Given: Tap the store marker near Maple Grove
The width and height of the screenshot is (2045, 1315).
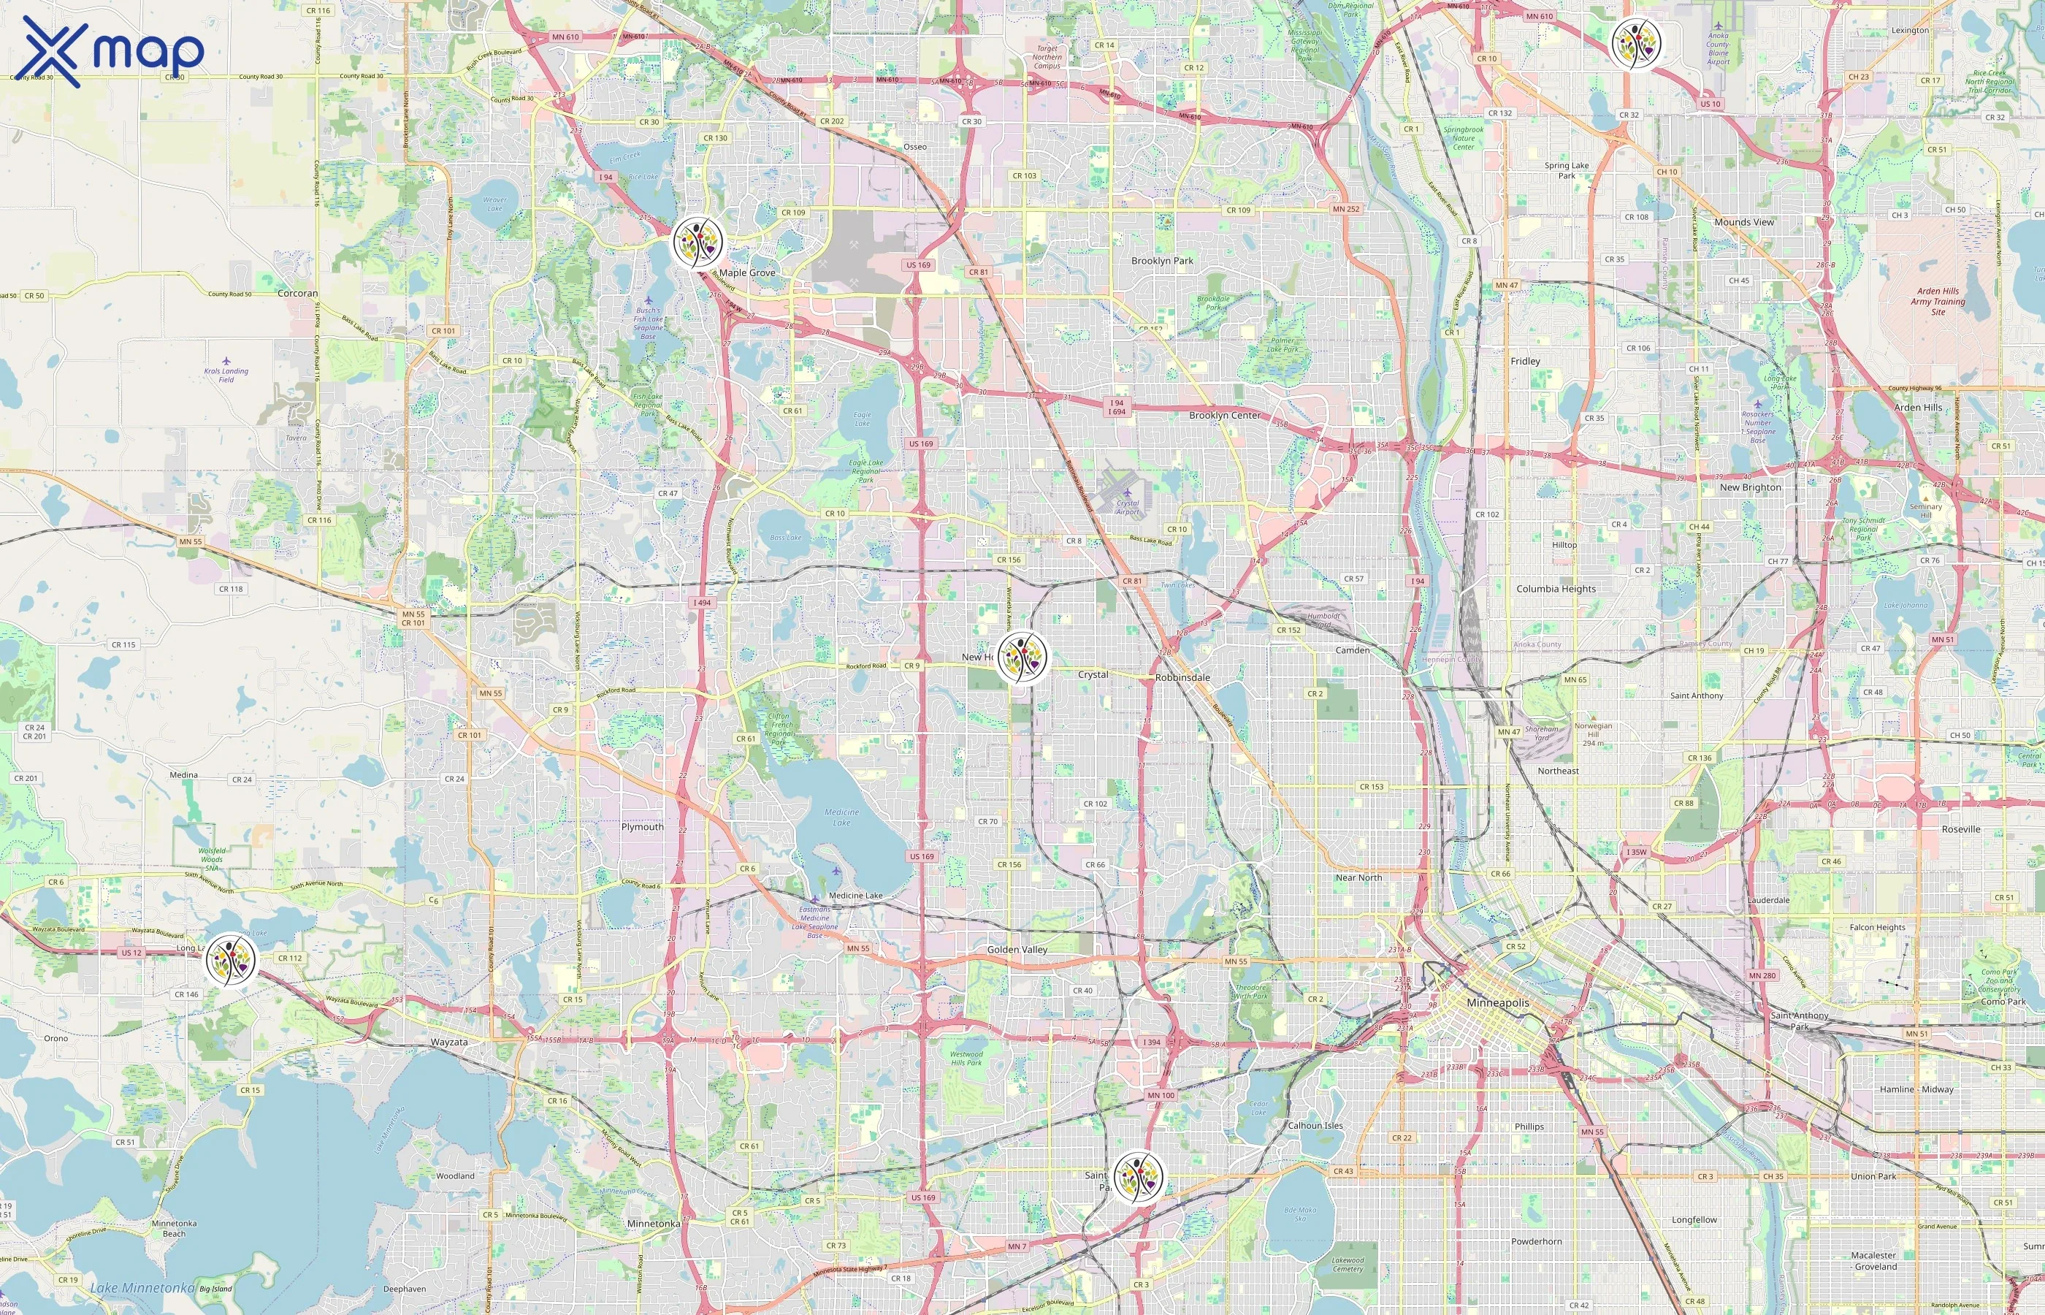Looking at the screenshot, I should click(x=697, y=242).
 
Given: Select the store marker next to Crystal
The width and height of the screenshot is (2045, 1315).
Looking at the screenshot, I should click(x=1022, y=657).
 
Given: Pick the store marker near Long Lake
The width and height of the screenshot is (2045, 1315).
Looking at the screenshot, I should click(x=231, y=959).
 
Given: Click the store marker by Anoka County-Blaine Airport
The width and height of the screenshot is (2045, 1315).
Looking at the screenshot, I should click(x=1635, y=42).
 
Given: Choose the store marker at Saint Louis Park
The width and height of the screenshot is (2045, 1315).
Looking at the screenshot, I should click(x=1138, y=1178).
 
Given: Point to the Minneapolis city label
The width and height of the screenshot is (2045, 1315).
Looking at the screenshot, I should click(x=1498, y=1002).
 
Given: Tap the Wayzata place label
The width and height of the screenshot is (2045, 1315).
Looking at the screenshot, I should click(x=449, y=1042).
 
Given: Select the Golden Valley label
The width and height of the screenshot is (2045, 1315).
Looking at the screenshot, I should click(x=1017, y=950).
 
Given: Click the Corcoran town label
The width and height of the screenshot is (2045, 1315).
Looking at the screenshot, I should click(x=298, y=294).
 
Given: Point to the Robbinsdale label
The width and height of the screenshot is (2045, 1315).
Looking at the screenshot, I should click(x=1182, y=678).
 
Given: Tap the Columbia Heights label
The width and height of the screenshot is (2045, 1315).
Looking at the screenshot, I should click(x=1556, y=589).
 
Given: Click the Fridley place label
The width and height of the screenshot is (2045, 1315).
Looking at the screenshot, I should click(x=1525, y=361).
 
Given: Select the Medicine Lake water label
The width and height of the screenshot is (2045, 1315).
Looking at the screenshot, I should click(x=841, y=817).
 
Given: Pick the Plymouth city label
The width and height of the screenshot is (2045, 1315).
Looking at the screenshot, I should click(x=642, y=826).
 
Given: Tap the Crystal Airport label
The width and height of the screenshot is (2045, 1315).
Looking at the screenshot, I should click(x=1128, y=507).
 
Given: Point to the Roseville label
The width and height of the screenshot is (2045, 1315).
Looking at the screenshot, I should click(x=1960, y=829).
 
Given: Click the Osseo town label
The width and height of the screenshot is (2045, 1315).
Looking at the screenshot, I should click(x=915, y=147).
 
